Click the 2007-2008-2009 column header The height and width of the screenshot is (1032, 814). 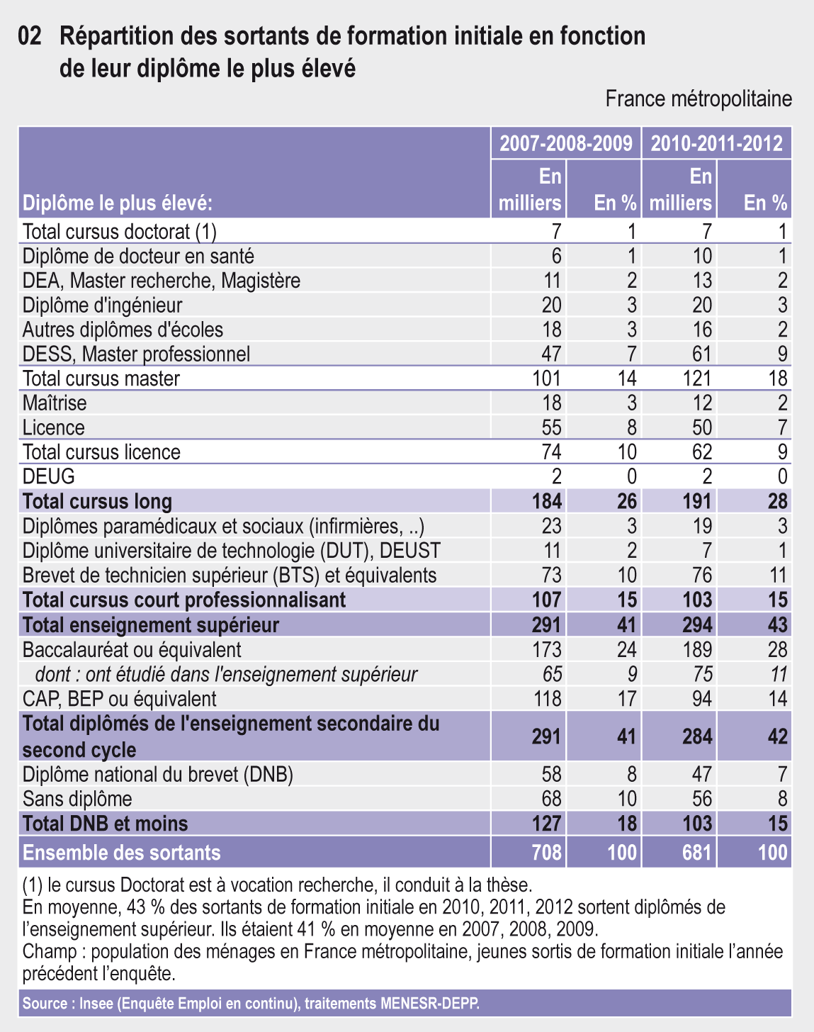pos(565,143)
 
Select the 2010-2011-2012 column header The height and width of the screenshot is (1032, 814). pos(716,143)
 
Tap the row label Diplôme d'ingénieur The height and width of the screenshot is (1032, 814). pos(103,305)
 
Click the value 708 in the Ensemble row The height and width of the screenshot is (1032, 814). pos(546,852)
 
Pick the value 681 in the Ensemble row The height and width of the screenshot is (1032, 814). pos(696,852)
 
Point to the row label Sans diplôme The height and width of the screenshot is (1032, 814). pos(77,799)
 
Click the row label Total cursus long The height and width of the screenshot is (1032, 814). pos(97,501)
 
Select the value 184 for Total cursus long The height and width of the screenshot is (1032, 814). pos(546,501)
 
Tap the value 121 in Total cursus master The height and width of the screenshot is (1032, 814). pos(696,378)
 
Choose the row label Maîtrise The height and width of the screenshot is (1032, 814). pos(55,403)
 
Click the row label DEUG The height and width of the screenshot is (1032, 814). pos(48,476)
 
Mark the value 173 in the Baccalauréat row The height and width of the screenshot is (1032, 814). pos(547,649)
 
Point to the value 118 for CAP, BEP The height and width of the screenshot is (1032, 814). pos(547,699)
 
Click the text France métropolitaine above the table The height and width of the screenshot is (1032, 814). pos(698,99)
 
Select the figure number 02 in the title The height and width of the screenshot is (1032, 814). pos(32,35)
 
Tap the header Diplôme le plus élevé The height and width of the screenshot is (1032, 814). pos(118,203)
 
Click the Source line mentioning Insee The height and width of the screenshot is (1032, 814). pos(251,1004)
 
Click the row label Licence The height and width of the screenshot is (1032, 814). pos(54,427)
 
